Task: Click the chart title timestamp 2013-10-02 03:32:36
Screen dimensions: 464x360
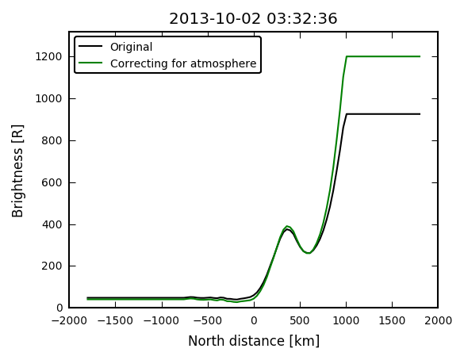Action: pyautogui.click(x=253, y=19)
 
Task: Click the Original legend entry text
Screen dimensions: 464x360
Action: pyautogui.click(x=131, y=47)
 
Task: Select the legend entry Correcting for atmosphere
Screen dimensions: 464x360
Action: pyautogui.click(x=183, y=63)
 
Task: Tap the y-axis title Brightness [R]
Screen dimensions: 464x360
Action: pyautogui.click(x=17, y=171)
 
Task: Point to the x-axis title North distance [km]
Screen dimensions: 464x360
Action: pyautogui.click(x=254, y=341)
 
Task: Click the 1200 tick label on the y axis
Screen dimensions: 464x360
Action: pyautogui.click(x=48, y=56)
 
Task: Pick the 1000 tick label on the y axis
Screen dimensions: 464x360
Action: pyautogui.click(x=48, y=98)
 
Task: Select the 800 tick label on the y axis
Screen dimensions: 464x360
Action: pyautogui.click(x=52, y=140)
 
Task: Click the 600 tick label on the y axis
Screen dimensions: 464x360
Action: pyautogui.click(x=52, y=182)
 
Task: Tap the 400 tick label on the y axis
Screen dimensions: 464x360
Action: pyautogui.click(x=52, y=224)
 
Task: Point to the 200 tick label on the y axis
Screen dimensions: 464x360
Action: pyautogui.click(x=52, y=266)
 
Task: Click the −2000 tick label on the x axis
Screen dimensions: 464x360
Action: pyautogui.click(x=69, y=320)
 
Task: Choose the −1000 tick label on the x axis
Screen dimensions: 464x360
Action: pyautogui.click(x=161, y=320)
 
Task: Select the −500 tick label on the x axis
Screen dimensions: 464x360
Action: pyautogui.click(x=208, y=320)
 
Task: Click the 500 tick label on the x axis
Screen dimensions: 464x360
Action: pyautogui.click(x=300, y=320)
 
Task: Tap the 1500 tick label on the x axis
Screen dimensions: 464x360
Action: pyautogui.click(x=392, y=320)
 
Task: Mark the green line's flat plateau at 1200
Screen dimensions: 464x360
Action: pyautogui.click(x=383, y=56)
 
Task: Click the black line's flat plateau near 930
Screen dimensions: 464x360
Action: pyautogui.click(x=383, y=114)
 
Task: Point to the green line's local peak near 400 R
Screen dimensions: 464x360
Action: pyautogui.click(x=287, y=226)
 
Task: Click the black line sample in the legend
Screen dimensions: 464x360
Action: pyautogui.click(x=90, y=46)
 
